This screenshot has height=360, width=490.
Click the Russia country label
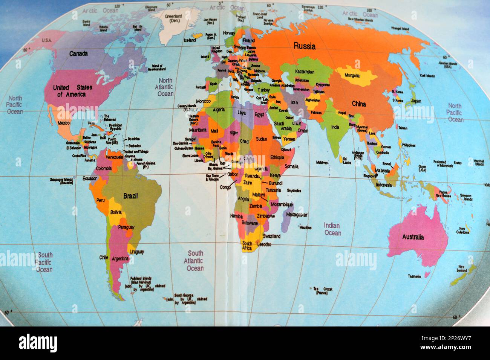pos(305,46)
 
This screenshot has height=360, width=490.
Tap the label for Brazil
pos(130,196)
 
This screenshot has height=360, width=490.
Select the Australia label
pos(413,237)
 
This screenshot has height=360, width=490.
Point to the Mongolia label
pos(352,76)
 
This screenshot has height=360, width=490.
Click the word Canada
pos(78,53)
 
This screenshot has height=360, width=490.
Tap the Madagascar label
pos(297,215)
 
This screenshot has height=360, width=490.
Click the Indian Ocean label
pos(332,229)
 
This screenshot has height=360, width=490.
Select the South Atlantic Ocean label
pos(195,261)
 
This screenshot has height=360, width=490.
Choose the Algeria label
pos(219,110)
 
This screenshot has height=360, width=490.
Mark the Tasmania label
pos(414,276)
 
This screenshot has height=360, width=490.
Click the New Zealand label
pos(462,268)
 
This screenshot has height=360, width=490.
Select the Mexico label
pos(64,123)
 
